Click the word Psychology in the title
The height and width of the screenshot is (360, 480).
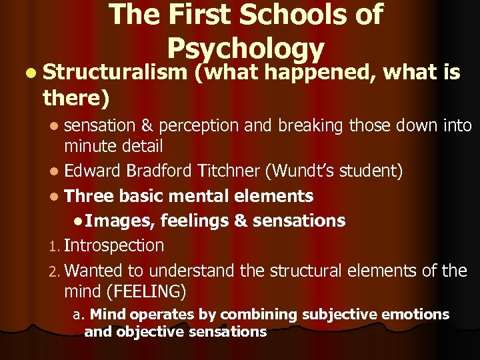pos(245,48)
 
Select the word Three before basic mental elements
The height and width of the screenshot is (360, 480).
pos(90,196)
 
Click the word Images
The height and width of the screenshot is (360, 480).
pos(120,220)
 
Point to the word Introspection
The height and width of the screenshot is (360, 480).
pos(114,245)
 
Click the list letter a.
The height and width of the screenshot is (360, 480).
pos(77,314)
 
